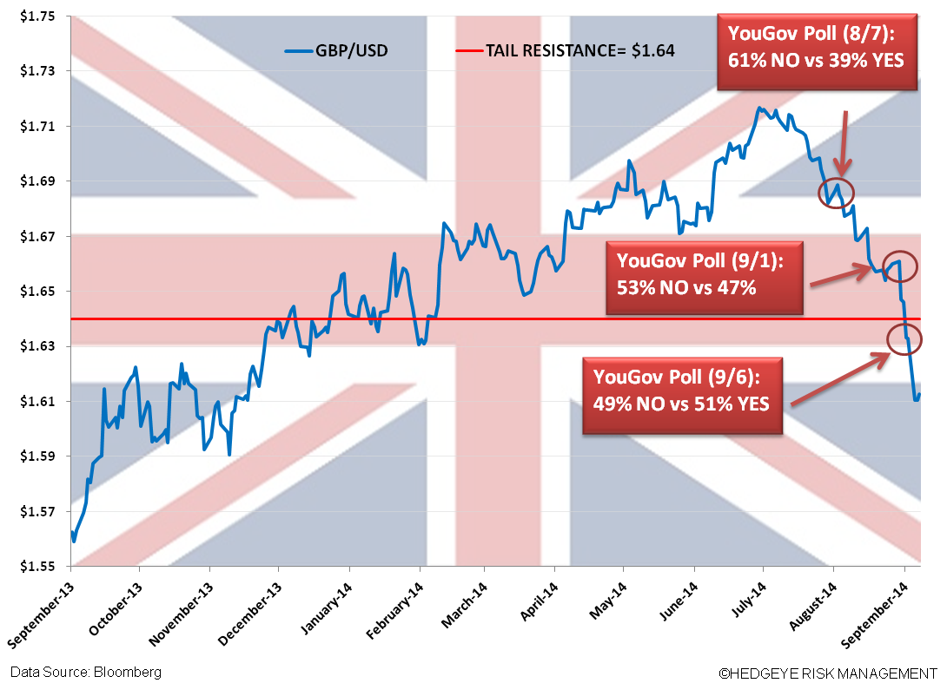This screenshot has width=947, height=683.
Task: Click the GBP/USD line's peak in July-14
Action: tap(759, 108)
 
